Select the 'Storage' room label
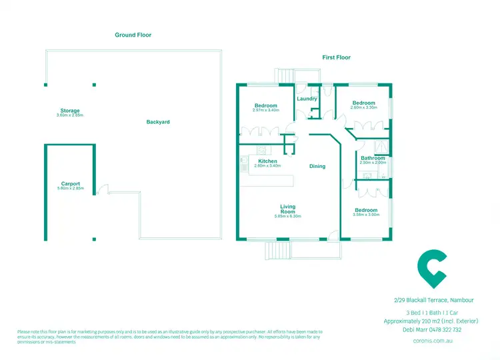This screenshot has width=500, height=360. pyautogui.click(x=69, y=111)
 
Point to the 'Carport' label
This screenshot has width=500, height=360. pyautogui.click(x=70, y=184)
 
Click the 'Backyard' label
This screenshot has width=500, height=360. pyautogui.click(x=159, y=122)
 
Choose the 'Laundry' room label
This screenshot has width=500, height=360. pyautogui.click(x=307, y=99)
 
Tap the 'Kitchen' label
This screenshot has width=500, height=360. pyautogui.click(x=267, y=161)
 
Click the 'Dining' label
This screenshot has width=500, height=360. pyautogui.click(x=317, y=166)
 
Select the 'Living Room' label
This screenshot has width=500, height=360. pyautogui.click(x=288, y=209)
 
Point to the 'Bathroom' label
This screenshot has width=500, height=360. pyautogui.click(x=373, y=158)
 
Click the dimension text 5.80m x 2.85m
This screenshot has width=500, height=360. pyautogui.click(x=70, y=189)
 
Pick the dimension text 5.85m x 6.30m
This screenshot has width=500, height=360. pyautogui.click(x=288, y=216)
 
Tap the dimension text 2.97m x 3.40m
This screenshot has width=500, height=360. pyautogui.click(x=265, y=110)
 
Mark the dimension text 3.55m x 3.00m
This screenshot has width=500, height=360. pyautogui.click(x=367, y=215)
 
